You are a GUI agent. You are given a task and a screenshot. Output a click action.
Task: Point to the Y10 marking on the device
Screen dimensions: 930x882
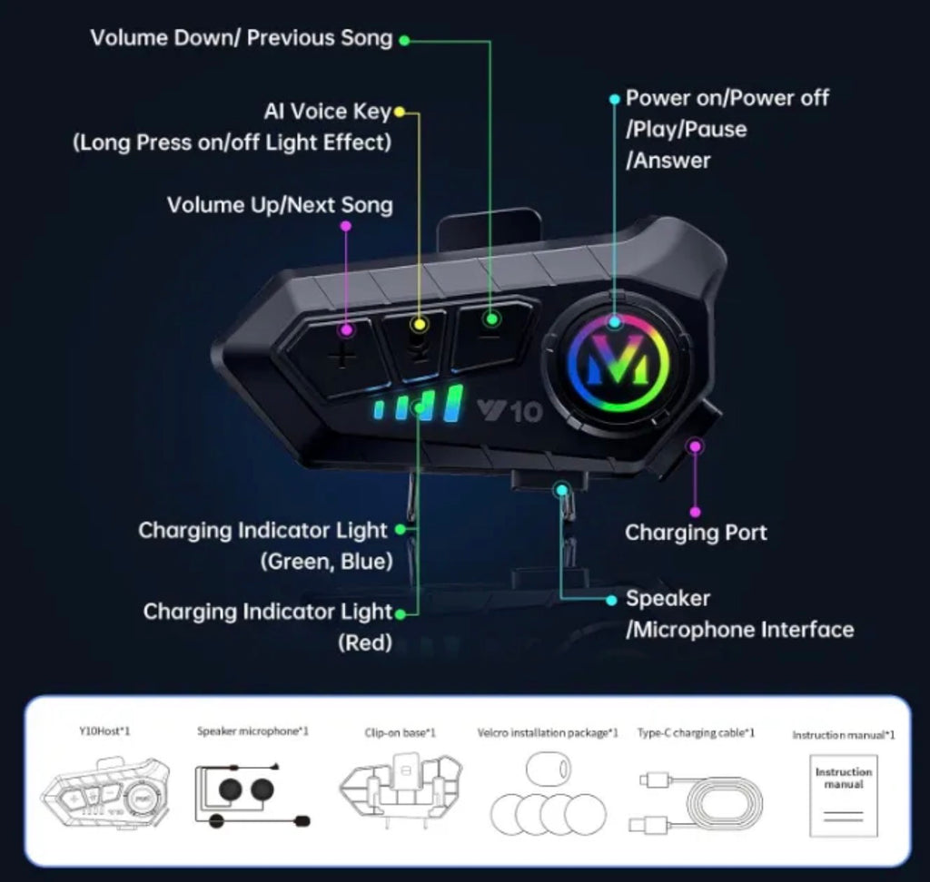click(x=510, y=411)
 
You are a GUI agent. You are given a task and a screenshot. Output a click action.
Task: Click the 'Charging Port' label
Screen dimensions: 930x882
click(x=696, y=533)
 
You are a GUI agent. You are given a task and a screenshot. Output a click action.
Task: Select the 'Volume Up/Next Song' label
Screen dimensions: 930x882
click(x=280, y=205)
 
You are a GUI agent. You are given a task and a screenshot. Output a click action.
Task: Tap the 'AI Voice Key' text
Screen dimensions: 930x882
click(x=327, y=112)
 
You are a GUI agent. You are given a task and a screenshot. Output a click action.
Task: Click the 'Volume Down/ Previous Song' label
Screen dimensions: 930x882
click(x=242, y=38)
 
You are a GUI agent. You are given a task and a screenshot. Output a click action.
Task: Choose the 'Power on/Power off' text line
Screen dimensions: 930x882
click(x=727, y=98)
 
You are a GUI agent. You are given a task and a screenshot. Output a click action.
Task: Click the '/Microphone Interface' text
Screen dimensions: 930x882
click(x=739, y=630)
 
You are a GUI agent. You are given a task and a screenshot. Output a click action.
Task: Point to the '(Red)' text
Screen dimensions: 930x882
click(x=365, y=642)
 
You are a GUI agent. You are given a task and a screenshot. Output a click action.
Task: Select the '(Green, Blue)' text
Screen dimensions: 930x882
click(x=327, y=562)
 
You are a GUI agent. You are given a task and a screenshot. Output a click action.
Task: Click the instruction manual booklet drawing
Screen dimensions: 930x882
click(x=844, y=796)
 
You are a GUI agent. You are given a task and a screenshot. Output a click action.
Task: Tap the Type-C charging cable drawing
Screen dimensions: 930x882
click(x=695, y=801)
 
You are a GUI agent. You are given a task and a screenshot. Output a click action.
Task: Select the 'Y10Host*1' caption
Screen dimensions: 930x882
click(x=105, y=731)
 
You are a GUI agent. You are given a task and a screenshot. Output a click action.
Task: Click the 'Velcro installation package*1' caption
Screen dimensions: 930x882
click(x=548, y=733)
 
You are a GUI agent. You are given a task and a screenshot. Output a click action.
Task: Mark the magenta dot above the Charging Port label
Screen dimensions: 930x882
click(x=695, y=512)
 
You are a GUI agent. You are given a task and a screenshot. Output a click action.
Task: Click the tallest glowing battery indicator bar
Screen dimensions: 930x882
click(x=454, y=403)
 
